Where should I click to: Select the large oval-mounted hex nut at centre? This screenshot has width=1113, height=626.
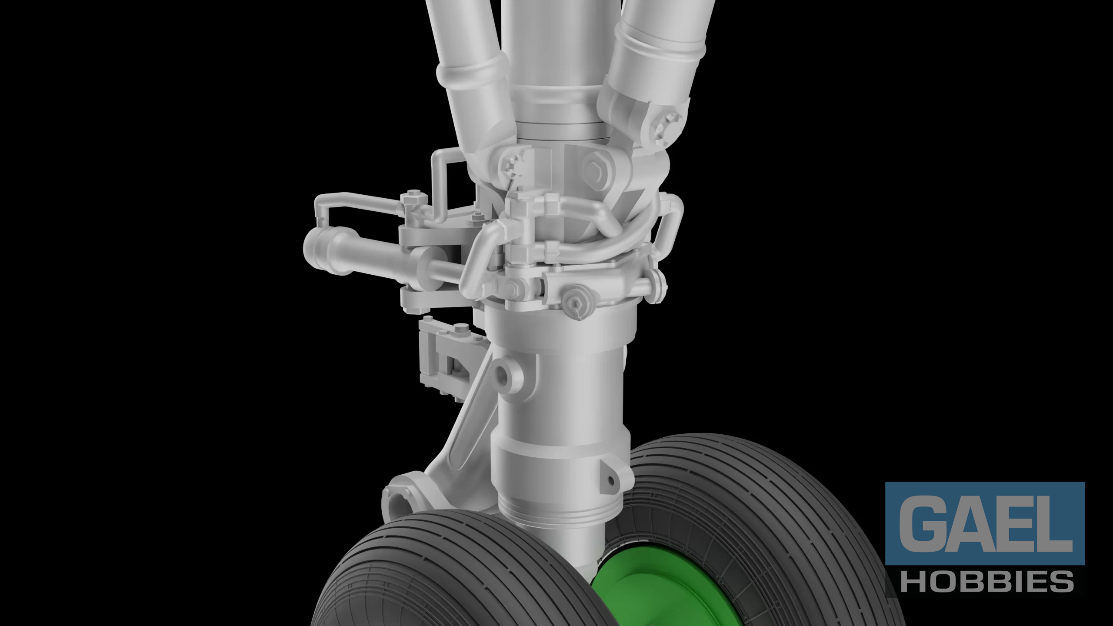[596, 165]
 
